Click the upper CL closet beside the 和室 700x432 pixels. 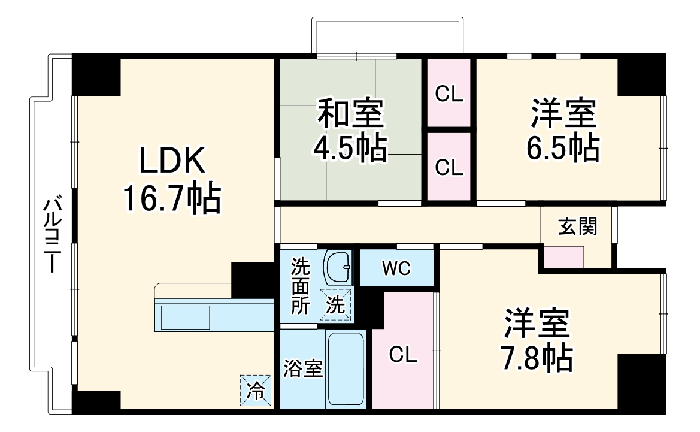click(449, 94)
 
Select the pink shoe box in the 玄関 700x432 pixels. click(563, 256)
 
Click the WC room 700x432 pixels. click(396, 269)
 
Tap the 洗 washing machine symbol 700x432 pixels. click(335, 305)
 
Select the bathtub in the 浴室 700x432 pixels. click(346, 368)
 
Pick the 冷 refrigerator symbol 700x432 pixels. click(256, 390)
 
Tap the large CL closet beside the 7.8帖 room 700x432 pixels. click(403, 355)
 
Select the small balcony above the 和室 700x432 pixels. click(387, 36)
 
